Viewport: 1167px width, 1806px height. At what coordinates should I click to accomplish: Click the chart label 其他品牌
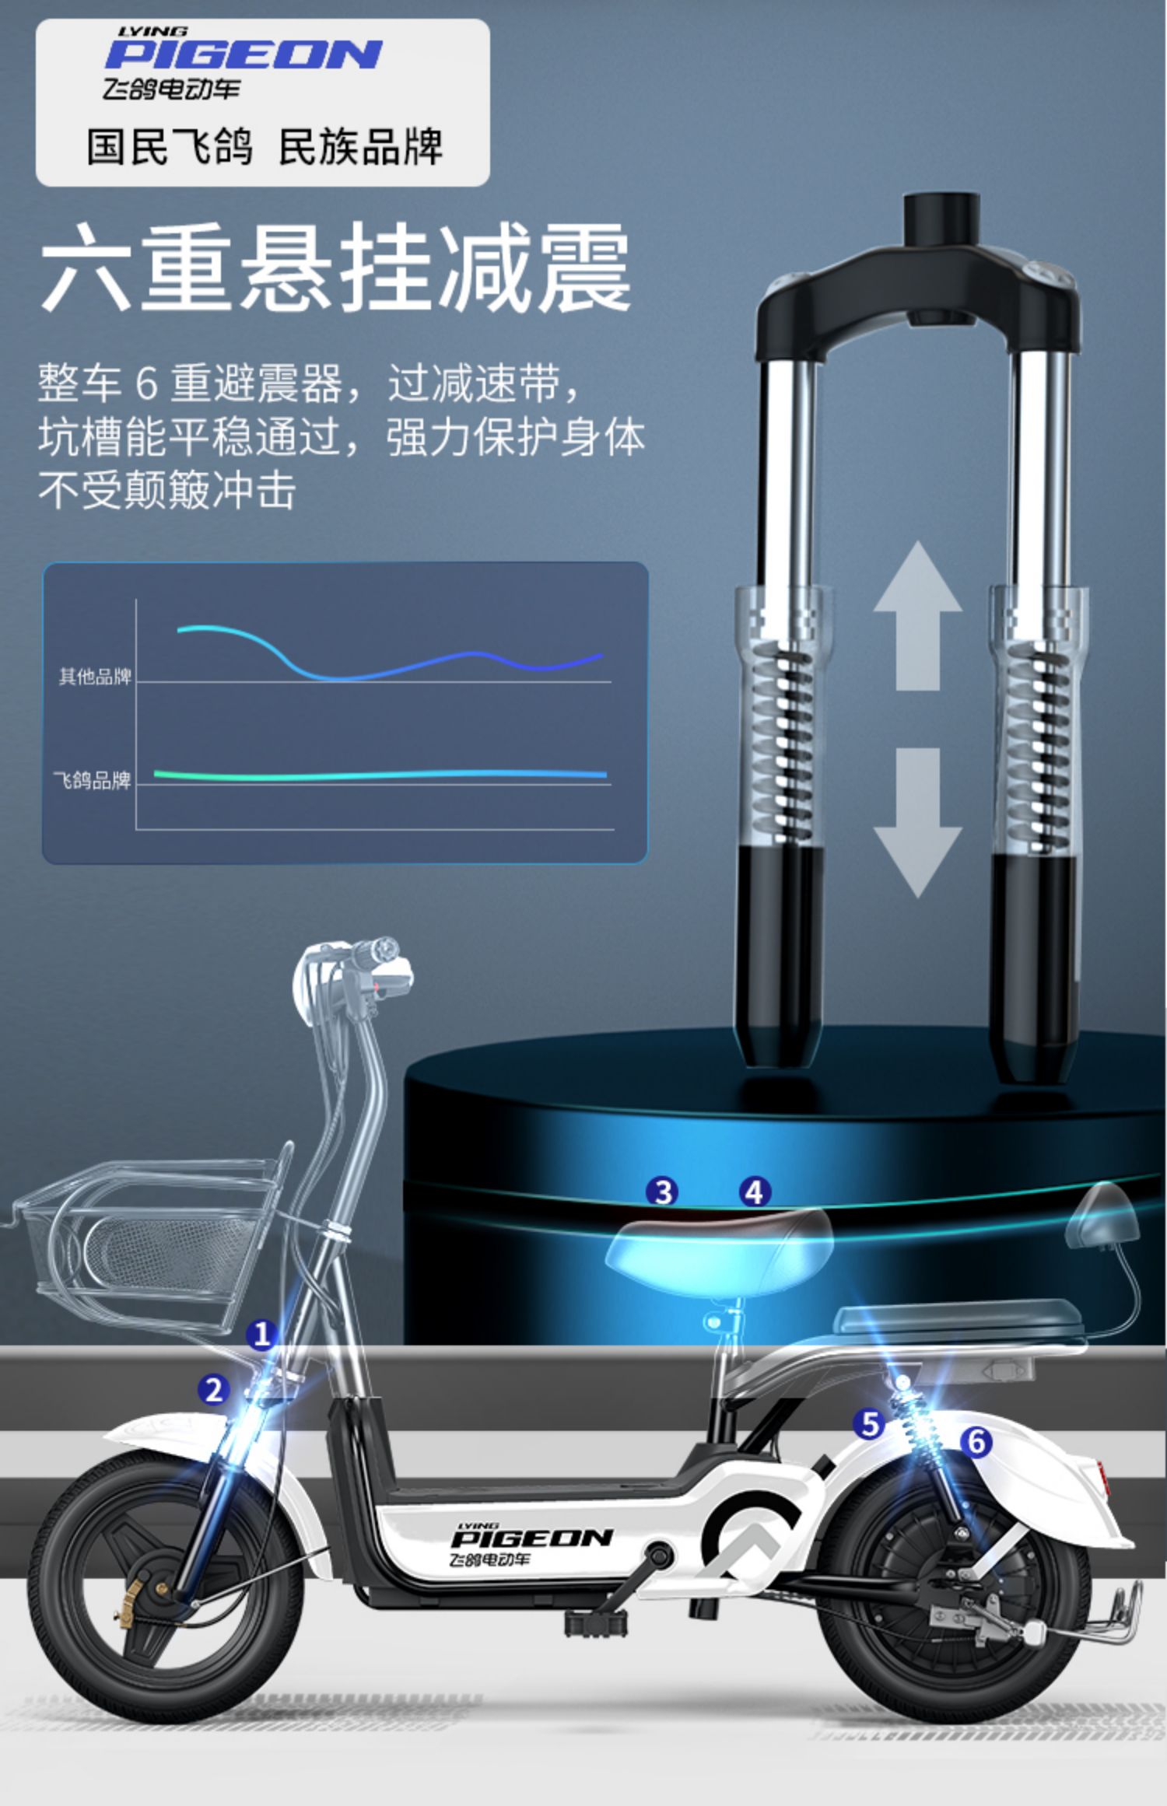coord(95,676)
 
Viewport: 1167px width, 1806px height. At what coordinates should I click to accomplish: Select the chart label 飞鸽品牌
coord(92,779)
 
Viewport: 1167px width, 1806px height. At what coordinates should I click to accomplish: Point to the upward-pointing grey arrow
coord(917,614)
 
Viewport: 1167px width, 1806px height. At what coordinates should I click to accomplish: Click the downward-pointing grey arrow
coord(917,821)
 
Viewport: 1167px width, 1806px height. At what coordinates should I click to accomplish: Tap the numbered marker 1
coord(261,1335)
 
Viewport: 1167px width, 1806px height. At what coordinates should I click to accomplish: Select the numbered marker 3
coord(662,1192)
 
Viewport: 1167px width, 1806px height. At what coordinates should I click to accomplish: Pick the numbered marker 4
coord(754,1192)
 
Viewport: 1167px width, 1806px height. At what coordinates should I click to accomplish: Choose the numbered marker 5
coord(869,1424)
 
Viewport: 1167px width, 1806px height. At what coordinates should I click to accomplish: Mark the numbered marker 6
coord(976,1442)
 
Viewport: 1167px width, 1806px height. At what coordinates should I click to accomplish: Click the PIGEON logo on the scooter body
coord(531,1539)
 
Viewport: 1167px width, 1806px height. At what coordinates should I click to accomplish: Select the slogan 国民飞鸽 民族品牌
coord(265,146)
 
